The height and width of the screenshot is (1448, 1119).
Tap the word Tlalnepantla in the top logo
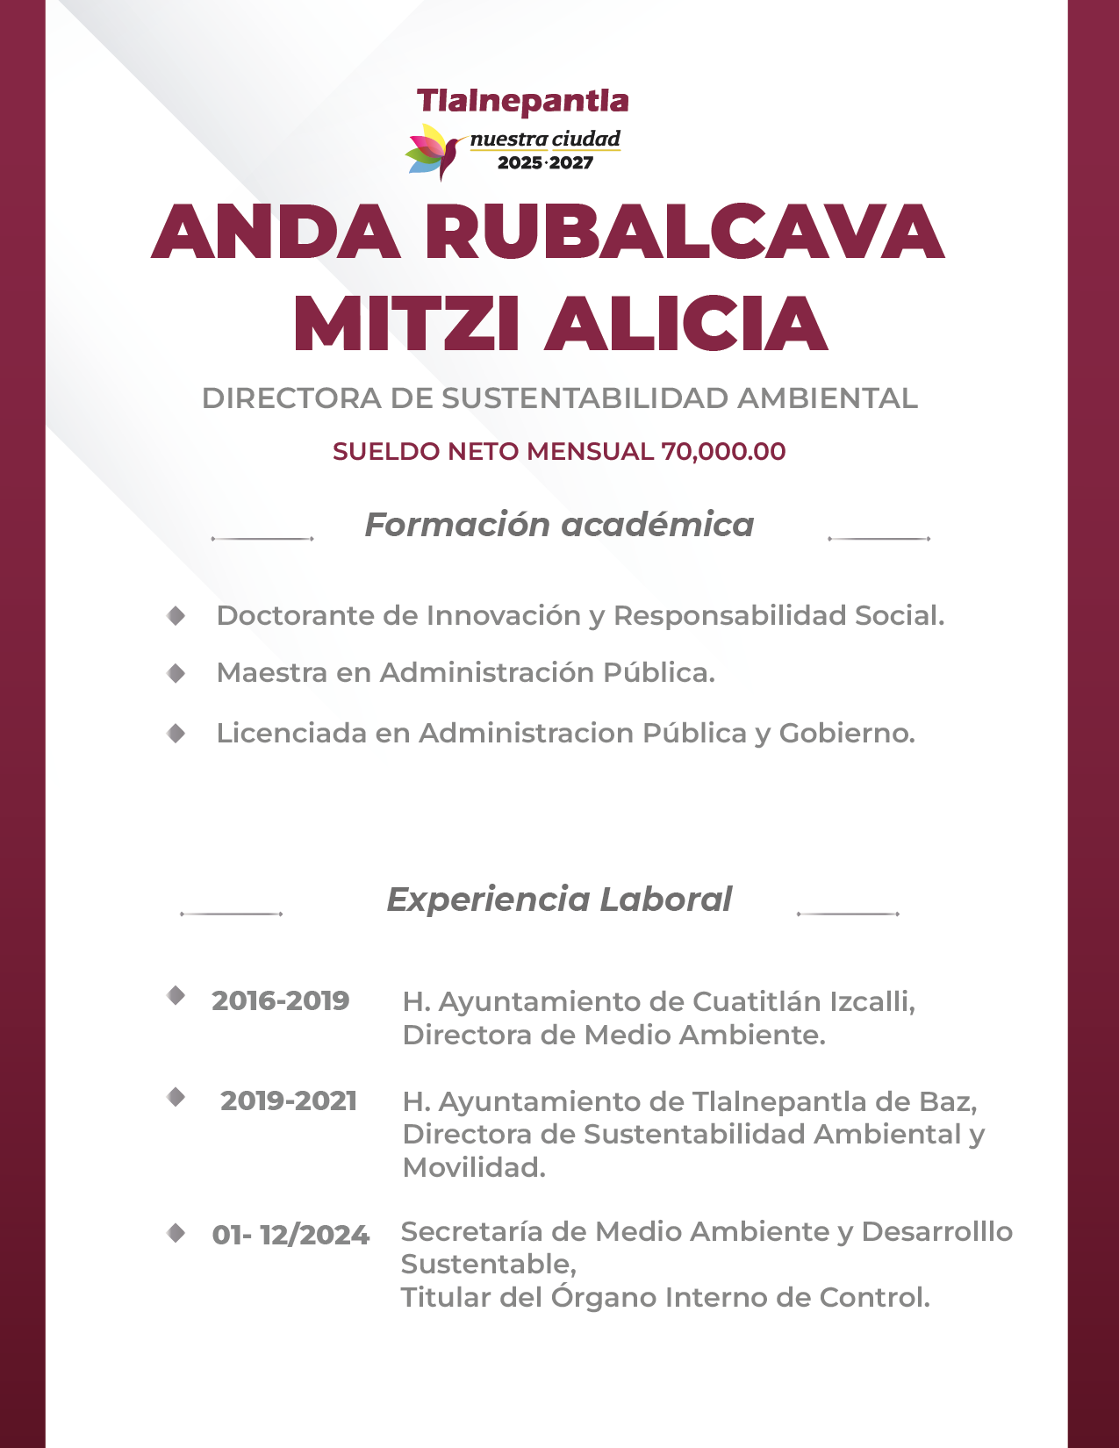tap(522, 102)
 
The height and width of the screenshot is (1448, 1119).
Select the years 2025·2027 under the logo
tap(545, 162)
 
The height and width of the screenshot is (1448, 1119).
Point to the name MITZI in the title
tap(407, 325)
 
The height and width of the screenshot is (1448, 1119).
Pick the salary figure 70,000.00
tap(723, 451)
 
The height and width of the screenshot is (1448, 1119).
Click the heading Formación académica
tap(559, 525)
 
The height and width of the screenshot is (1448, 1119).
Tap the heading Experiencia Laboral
tap(559, 900)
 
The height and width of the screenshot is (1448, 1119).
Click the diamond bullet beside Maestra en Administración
tap(176, 673)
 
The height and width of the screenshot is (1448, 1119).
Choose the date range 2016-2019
tap(281, 1000)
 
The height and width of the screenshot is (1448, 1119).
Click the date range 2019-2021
tap(289, 1100)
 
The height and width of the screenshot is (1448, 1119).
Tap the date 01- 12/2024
tap(291, 1235)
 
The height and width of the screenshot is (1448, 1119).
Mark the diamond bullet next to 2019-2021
tap(176, 1097)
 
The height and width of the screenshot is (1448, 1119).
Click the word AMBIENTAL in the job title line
tap(827, 398)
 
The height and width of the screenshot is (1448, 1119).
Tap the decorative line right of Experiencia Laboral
tap(848, 914)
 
